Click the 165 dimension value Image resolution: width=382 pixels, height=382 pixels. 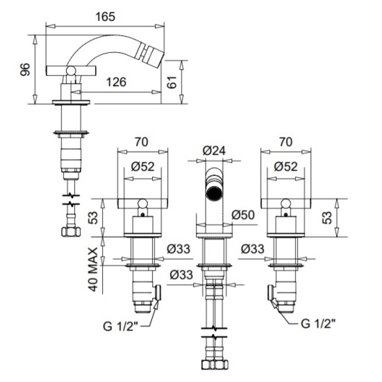105,17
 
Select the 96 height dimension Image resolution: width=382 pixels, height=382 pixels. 25,69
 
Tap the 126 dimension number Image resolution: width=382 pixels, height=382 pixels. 116,82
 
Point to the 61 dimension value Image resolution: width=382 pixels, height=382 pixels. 172,82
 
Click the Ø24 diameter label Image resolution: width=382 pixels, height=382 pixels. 214,151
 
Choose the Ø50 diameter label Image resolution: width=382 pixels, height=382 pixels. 243,215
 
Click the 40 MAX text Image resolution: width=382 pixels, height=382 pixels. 93,269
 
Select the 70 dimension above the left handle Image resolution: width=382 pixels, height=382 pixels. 142,142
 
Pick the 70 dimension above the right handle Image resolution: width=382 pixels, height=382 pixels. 285,142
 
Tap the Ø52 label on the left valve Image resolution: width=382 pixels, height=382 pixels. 143,167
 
